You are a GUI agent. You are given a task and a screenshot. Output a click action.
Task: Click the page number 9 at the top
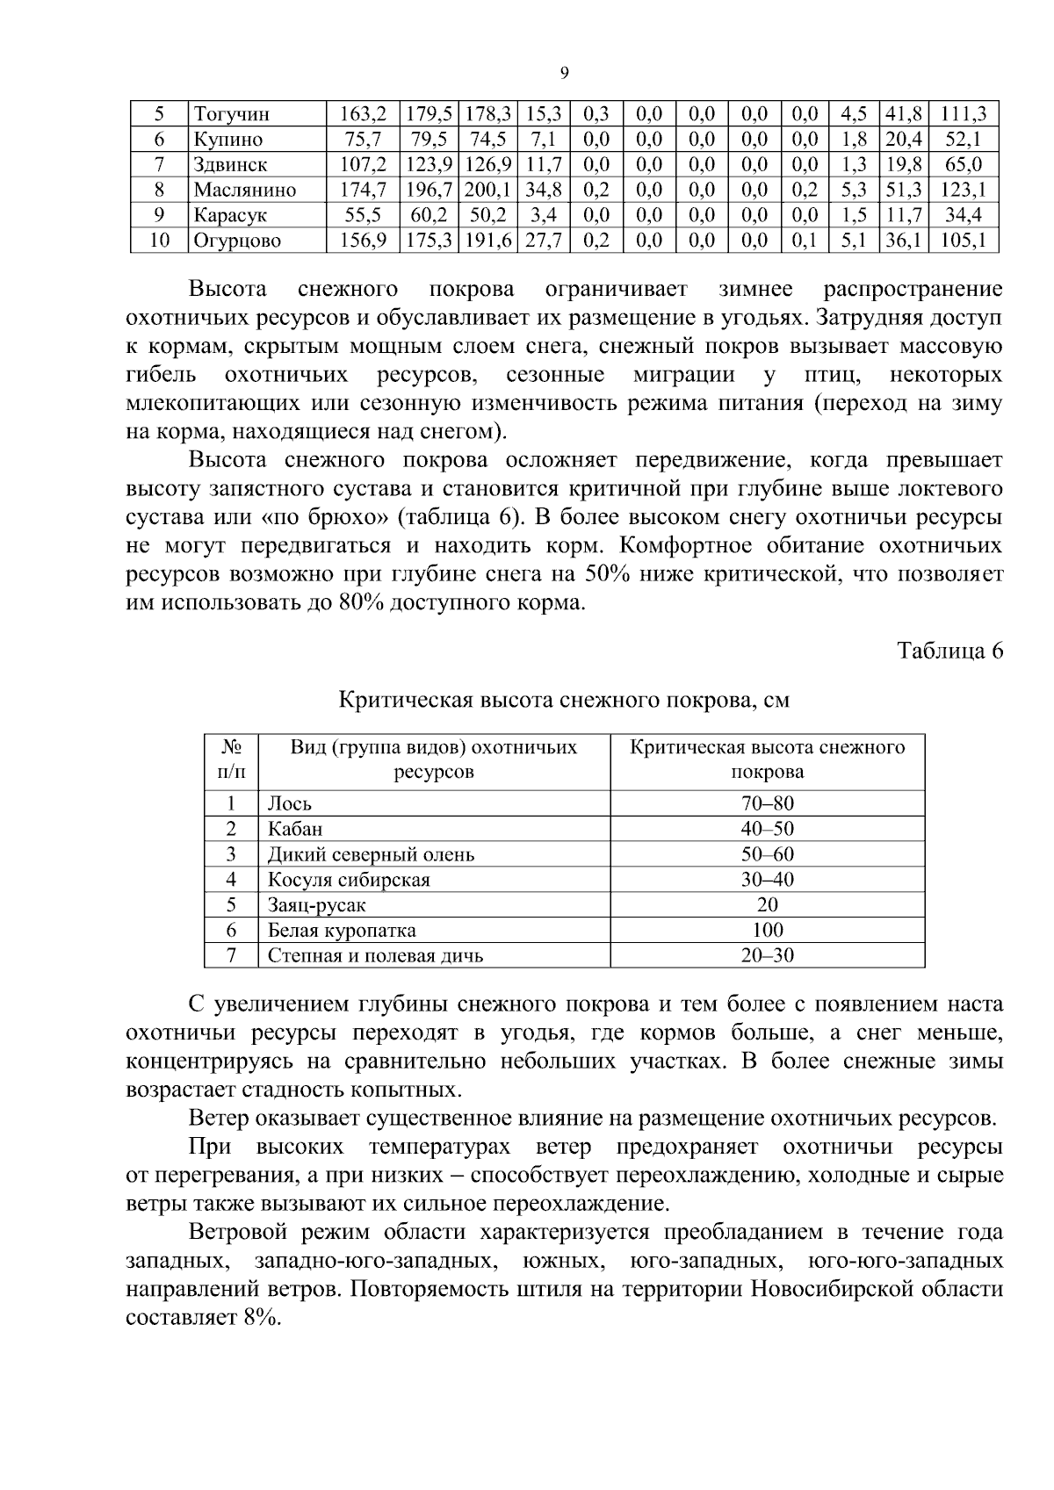tap(564, 74)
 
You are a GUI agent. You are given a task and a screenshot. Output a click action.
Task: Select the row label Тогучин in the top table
tap(232, 114)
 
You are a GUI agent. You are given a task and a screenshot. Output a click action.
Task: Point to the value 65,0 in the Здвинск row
tap(964, 164)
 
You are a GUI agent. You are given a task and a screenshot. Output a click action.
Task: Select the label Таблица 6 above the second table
tap(949, 651)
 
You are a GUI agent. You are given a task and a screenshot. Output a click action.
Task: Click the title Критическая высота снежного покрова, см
tap(564, 700)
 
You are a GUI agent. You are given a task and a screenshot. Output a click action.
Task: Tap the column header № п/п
tap(231, 760)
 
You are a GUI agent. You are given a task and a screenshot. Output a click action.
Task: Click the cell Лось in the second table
tap(290, 803)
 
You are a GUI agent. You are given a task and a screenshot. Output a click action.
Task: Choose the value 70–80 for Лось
tap(767, 803)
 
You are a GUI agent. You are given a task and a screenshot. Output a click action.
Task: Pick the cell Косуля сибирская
tap(349, 880)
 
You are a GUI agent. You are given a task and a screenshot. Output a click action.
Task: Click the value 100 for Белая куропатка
tap(767, 930)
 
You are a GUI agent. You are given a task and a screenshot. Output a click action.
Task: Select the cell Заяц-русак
tap(316, 904)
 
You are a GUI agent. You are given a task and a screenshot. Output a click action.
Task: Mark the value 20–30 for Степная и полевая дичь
tap(767, 955)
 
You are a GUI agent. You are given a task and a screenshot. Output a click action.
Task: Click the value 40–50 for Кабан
tap(767, 829)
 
